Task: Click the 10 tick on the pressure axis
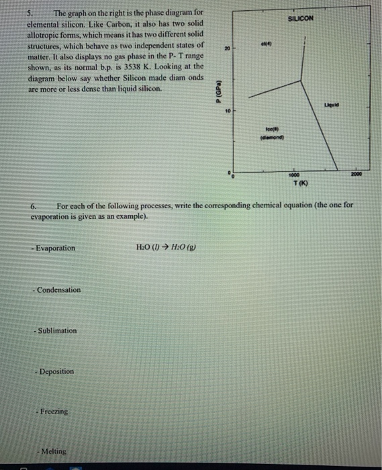click(228, 110)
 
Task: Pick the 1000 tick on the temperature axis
click(295, 171)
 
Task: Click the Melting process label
click(54, 453)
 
